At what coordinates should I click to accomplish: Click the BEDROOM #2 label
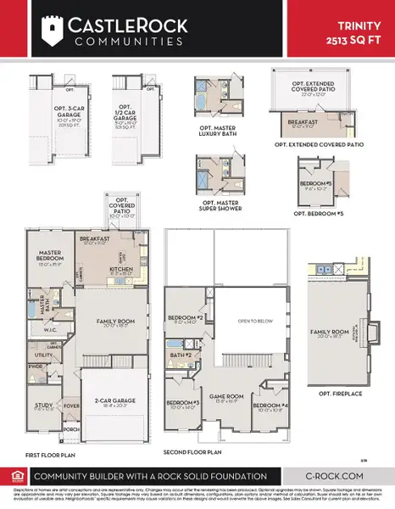[x=183, y=318]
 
